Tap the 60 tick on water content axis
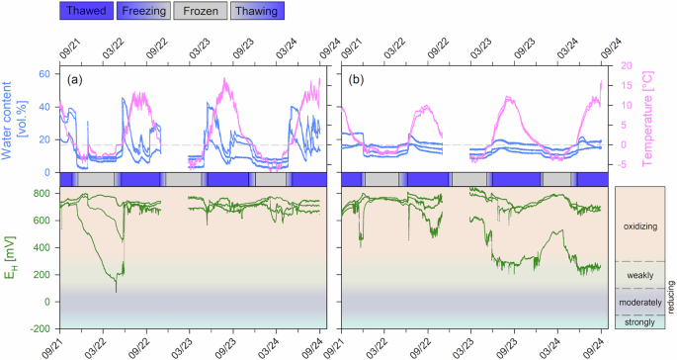pos(45,74)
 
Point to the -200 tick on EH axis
pos(41,328)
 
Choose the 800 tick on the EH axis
pos(42,192)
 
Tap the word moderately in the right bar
pos(638,302)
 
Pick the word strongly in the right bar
pos(638,321)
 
